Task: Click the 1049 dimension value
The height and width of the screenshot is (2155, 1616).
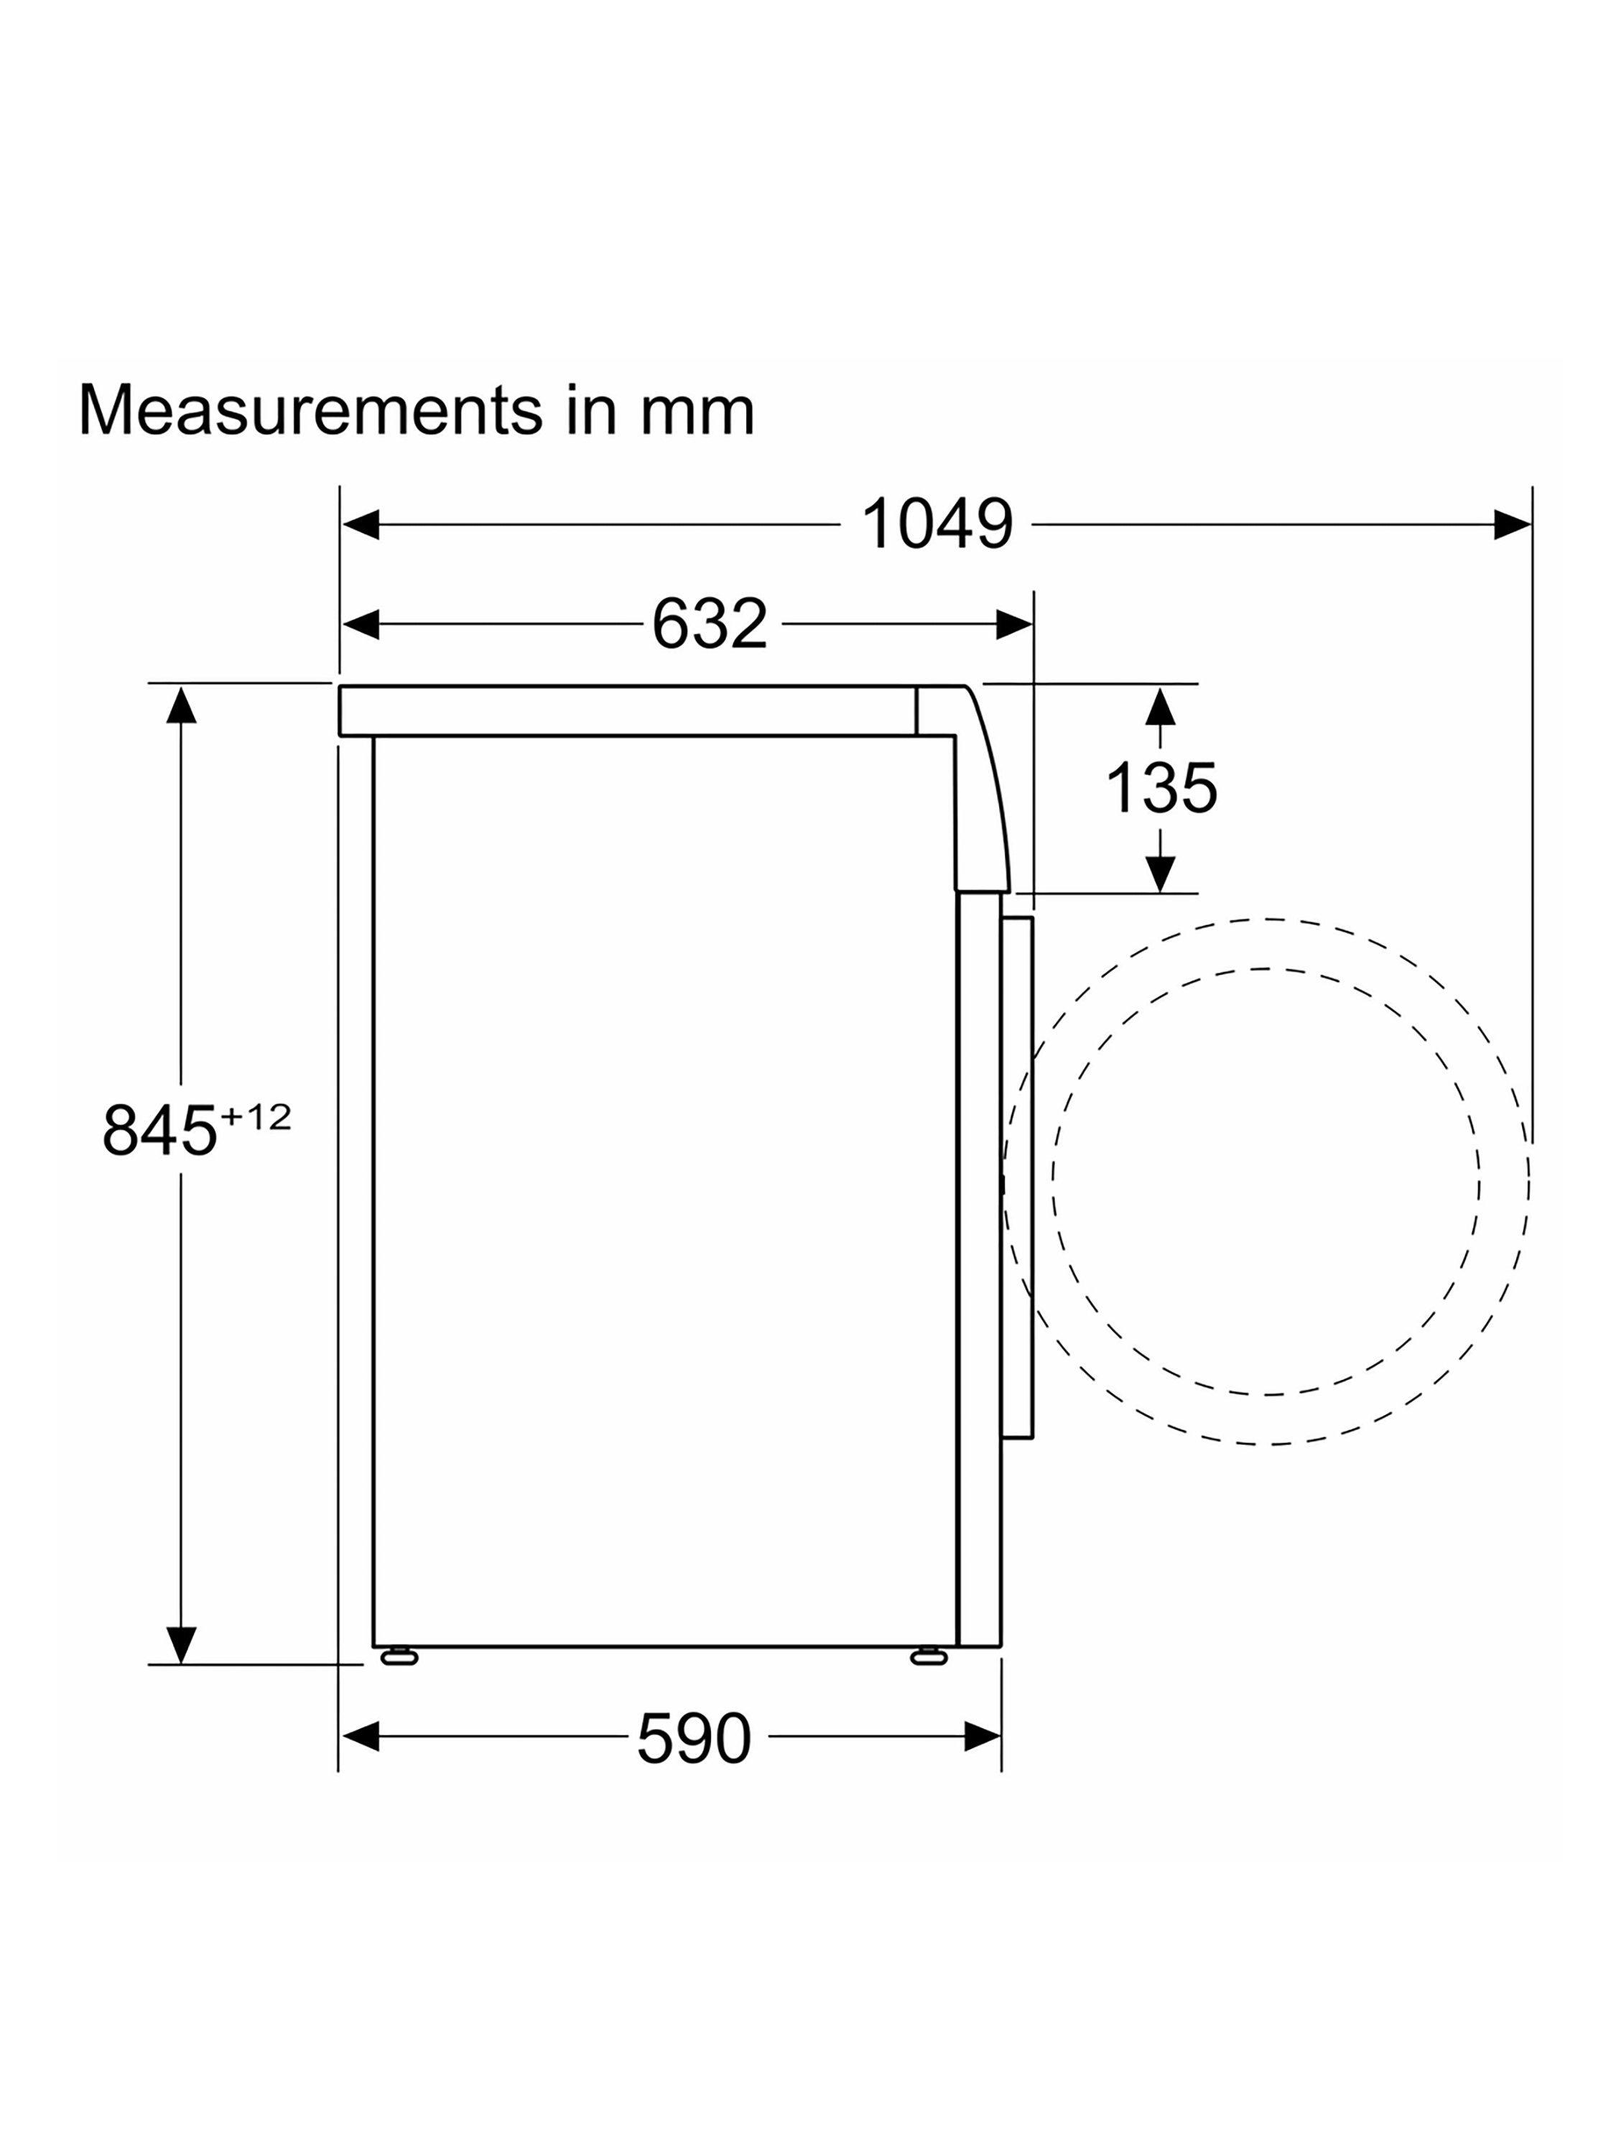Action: point(937,524)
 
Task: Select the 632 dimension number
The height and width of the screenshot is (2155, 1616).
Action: point(709,624)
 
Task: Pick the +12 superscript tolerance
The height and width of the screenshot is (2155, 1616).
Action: point(255,1118)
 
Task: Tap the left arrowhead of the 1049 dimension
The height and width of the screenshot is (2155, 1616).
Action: point(361,524)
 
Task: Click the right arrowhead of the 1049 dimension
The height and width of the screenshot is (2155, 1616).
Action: point(1512,524)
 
